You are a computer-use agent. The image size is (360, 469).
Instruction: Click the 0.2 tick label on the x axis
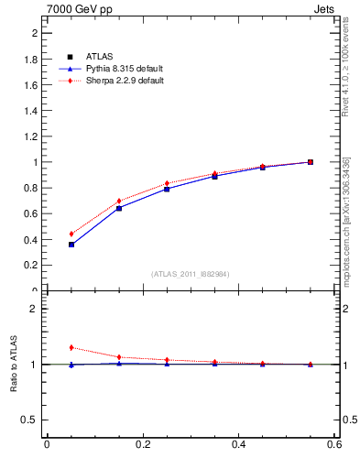143,445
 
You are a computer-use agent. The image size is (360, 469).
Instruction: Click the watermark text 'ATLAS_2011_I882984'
190,274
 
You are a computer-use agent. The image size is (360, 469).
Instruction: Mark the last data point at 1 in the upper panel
311,162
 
